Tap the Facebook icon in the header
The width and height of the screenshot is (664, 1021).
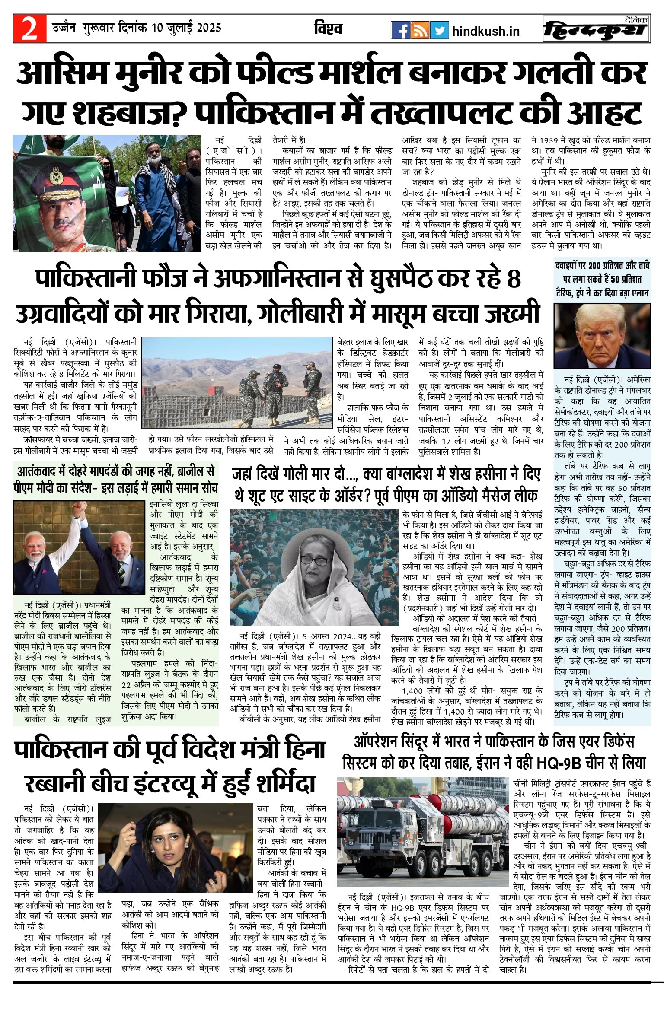pos(400,30)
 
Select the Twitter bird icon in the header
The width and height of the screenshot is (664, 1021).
pos(439,30)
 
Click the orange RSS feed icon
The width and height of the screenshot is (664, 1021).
pos(420,30)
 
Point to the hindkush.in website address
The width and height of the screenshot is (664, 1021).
pos(486,31)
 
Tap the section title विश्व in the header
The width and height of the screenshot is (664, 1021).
pos(329,29)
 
